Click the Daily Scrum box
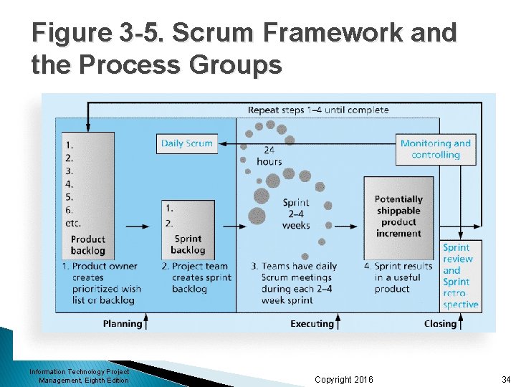186,143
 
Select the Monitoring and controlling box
436,149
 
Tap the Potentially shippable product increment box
398,216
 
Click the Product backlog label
88,245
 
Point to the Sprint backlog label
188,244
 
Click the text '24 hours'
269,156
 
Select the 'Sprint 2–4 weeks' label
296,214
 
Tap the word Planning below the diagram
122,324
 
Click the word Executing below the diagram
312,324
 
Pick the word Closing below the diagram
440,324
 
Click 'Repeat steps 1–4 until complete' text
318,110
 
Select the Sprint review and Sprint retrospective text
460,276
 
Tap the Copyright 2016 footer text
344,379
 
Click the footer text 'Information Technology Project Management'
80,376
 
